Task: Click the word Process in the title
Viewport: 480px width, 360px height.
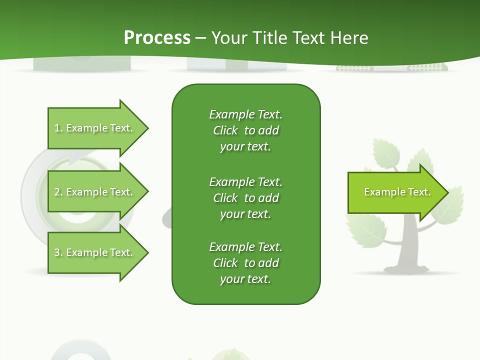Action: tap(157, 37)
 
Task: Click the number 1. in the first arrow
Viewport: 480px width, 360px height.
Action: tap(58, 128)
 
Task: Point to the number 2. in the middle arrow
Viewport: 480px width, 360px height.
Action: tap(58, 192)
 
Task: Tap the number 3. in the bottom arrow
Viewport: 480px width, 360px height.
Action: tap(58, 252)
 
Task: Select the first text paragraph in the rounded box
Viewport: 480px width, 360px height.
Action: tap(245, 130)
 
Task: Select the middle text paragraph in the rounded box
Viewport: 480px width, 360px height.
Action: tap(245, 198)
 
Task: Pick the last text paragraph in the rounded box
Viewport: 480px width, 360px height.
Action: tap(245, 263)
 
